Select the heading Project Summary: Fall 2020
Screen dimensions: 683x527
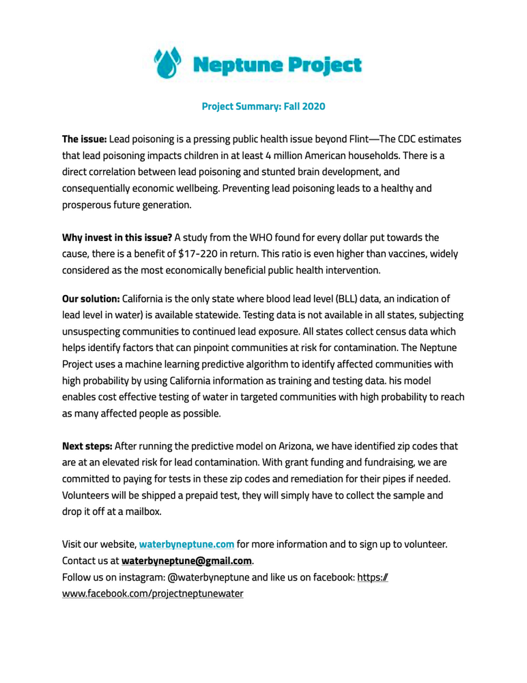click(x=263, y=107)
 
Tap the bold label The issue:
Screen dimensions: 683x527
click(x=85, y=139)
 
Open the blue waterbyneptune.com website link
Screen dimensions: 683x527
click(x=186, y=544)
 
